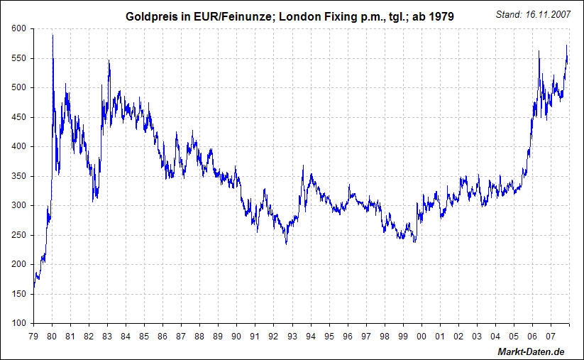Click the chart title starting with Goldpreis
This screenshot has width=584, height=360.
[290, 15]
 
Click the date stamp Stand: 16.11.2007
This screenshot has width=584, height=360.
[531, 14]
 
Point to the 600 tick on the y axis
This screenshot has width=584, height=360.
[18, 28]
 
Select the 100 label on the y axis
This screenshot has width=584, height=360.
[18, 323]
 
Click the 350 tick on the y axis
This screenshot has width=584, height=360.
[18, 176]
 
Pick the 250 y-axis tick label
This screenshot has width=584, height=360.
[18, 235]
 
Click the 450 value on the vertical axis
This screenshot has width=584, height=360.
[18, 117]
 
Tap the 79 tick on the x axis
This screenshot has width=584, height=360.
[33, 336]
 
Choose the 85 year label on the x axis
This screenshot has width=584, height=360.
[144, 336]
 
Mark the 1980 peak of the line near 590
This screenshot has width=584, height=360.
[53, 36]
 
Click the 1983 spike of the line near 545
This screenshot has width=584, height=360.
[109, 61]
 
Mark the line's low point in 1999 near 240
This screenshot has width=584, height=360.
[414, 242]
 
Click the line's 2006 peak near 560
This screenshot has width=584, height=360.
[539, 51]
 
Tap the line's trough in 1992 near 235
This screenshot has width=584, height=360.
[286, 244]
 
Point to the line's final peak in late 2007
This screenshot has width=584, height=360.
[566, 46]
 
